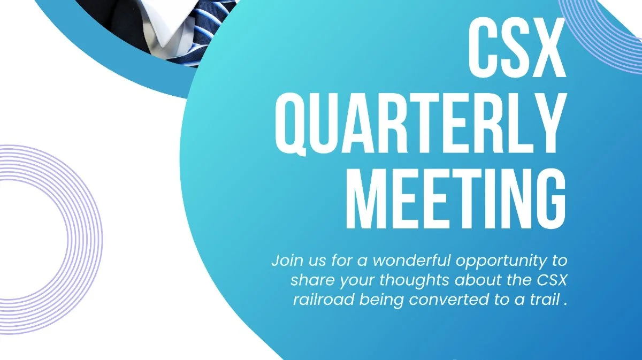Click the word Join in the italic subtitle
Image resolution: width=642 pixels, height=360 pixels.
click(286, 261)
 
